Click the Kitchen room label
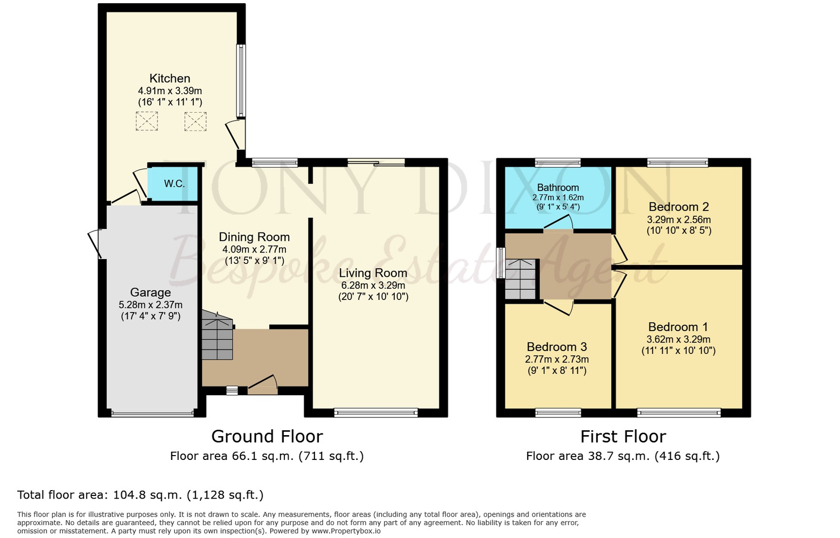(170, 79)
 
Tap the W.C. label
(174, 184)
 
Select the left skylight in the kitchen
(146, 121)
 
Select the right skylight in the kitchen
(195, 121)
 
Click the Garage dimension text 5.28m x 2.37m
(150, 305)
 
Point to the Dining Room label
(254, 237)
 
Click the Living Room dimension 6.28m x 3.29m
(373, 285)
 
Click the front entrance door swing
(263, 383)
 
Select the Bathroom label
(558, 187)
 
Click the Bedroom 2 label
(678, 207)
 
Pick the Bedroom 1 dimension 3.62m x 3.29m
(678, 339)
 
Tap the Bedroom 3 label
(557, 347)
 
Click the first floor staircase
(521, 279)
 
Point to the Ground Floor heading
(267, 436)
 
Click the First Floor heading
(623, 436)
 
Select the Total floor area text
(141, 495)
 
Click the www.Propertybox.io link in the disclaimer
(346, 531)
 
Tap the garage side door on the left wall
(95, 243)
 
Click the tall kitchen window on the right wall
(242, 81)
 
